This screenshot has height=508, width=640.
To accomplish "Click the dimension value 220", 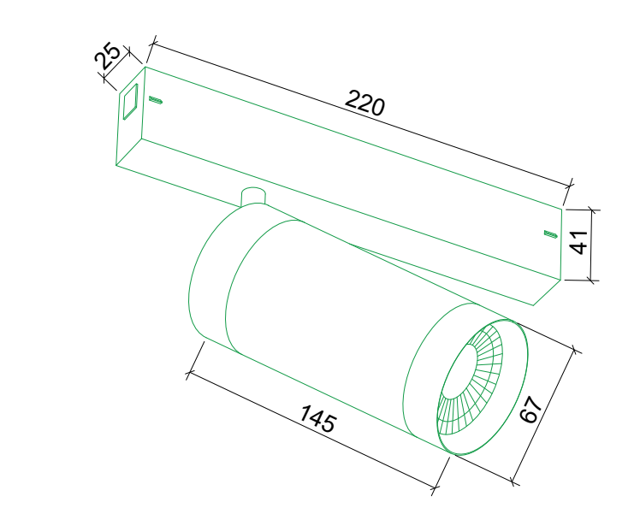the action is point(364,103).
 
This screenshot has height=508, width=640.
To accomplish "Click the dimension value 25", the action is point(107,56).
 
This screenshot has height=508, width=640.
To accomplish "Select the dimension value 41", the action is point(578,242).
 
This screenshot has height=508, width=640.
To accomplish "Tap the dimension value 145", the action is point(318,418).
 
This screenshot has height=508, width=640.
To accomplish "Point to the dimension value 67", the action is point(530,410).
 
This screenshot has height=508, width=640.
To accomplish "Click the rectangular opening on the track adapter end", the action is point(131,102).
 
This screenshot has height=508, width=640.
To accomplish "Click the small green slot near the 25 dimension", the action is point(156,99).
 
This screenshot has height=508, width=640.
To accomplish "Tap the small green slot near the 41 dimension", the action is point(551,233).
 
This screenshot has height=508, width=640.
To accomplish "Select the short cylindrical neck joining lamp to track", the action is point(253,196).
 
